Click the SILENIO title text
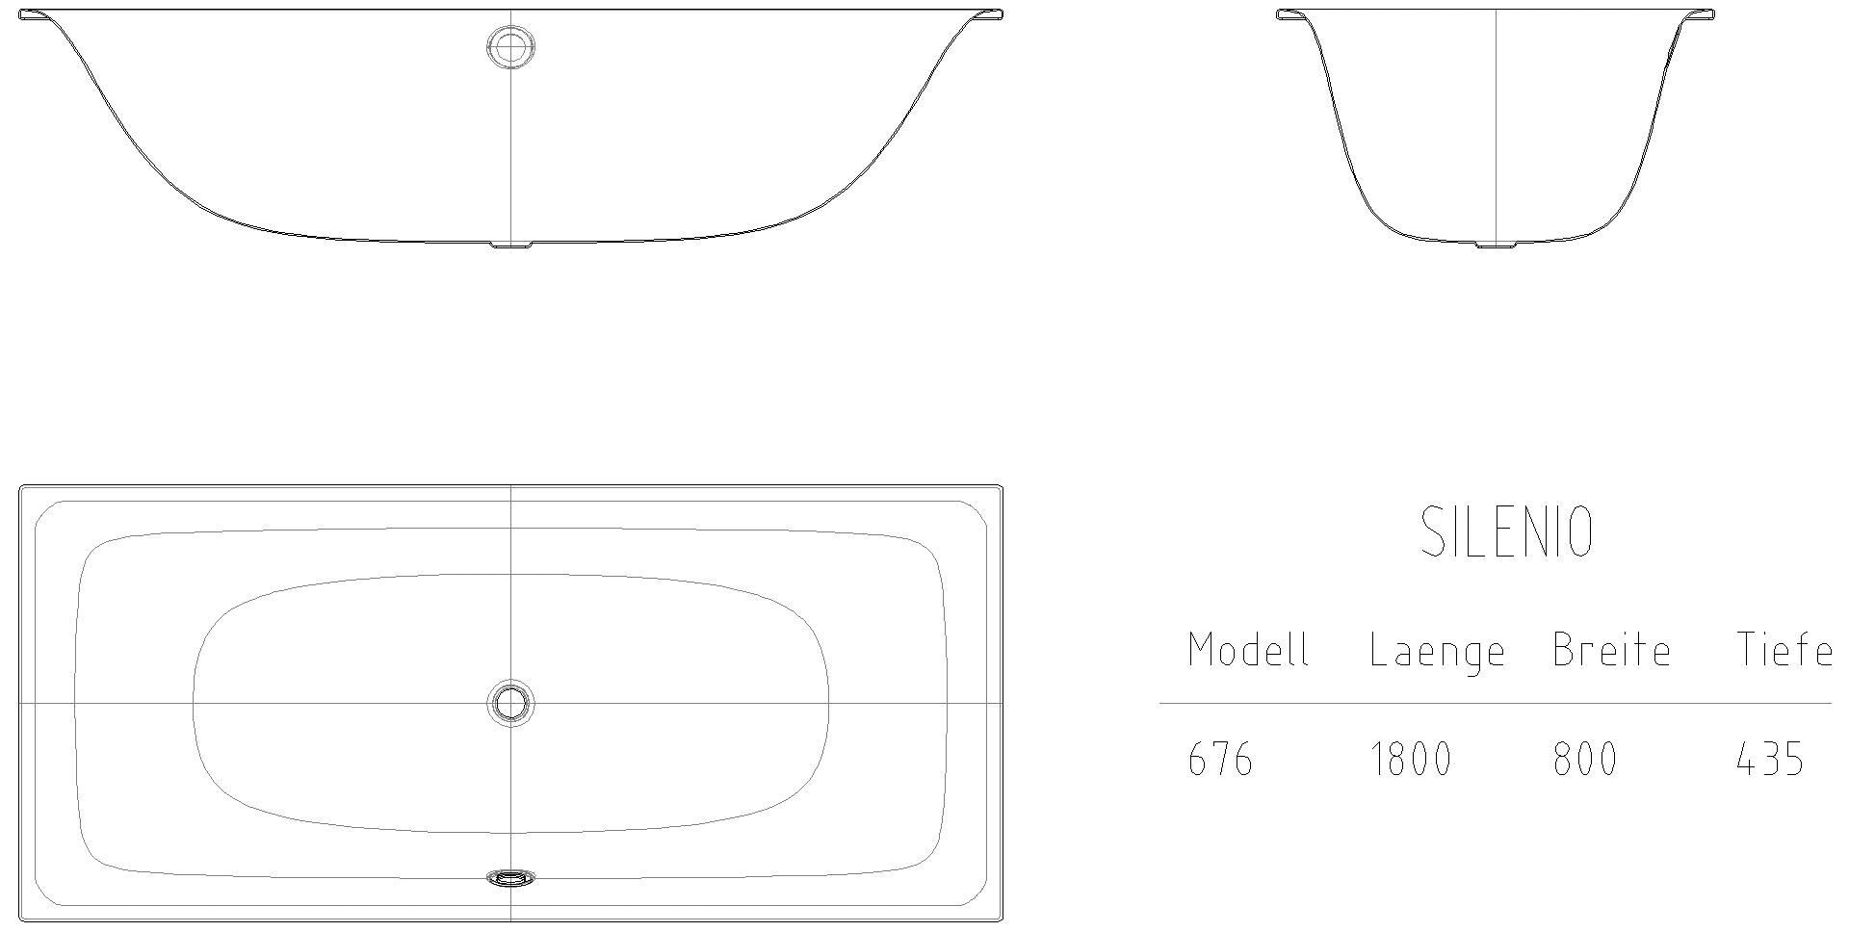1507,532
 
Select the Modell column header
1248,651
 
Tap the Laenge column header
1437,653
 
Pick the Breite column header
1611,651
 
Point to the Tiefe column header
1784,651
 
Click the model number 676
1220,760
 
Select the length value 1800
1410,760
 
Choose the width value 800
1584,760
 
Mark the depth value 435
1769,760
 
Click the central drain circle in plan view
510,703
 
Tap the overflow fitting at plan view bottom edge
510,877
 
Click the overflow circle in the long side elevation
510,46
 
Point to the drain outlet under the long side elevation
510,246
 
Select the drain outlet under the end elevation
1495,246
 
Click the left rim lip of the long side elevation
35,14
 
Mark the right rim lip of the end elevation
1701,14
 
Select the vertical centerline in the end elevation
1496,125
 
